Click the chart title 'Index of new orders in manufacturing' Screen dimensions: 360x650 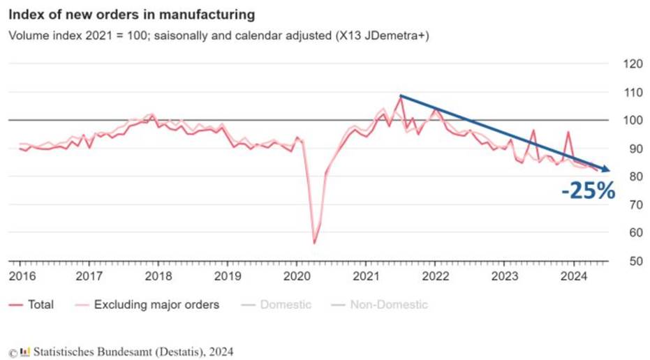(x=131, y=14)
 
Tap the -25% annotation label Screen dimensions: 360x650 (x=588, y=190)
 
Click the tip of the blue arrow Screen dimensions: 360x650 (x=610, y=170)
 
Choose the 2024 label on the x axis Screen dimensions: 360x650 (x=573, y=276)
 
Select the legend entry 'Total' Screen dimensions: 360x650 (x=40, y=305)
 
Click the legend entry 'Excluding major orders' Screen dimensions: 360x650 (x=156, y=305)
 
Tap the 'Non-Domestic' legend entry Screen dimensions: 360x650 (x=388, y=305)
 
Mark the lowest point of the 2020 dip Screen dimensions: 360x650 (x=314, y=243)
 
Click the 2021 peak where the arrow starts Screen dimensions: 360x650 (x=401, y=97)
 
